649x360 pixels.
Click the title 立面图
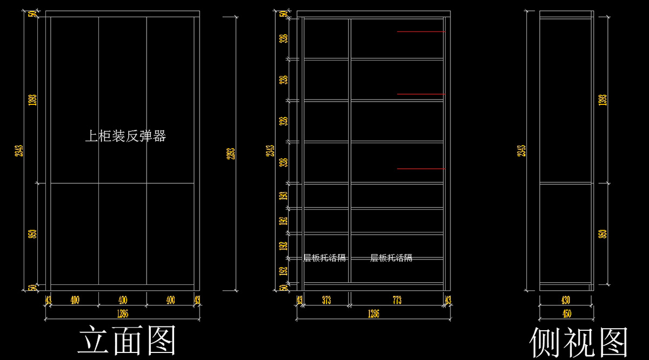pyautogui.click(x=128, y=341)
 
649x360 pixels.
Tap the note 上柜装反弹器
pyautogui.click(x=125, y=136)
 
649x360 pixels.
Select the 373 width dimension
pyautogui.click(x=326, y=301)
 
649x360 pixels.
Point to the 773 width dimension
pyautogui.click(x=397, y=301)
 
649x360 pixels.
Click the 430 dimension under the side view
pyautogui.click(x=566, y=301)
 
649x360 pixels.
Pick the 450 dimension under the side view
pyautogui.click(x=566, y=314)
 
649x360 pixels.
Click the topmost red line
pyautogui.click(x=421, y=32)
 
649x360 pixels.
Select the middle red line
pyautogui.click(x=421, y=94)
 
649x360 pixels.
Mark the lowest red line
pyautogui.click(x=421, y=169)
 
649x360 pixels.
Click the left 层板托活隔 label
pyautogui.click(x=324, y=258)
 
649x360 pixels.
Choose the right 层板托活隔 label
pyautogui.click(x=391, y=258)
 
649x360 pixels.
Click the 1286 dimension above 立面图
pyautogui.click(x=122, y=314)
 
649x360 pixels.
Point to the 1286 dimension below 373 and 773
pyautogui.click(x=373, y=314)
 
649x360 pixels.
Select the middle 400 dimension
pyautogui.click(x=122, y=301)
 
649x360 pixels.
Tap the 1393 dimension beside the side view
pyautogui.click(x=603, y=100)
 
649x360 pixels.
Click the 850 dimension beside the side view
pyautogui.click(x=603, y=234)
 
